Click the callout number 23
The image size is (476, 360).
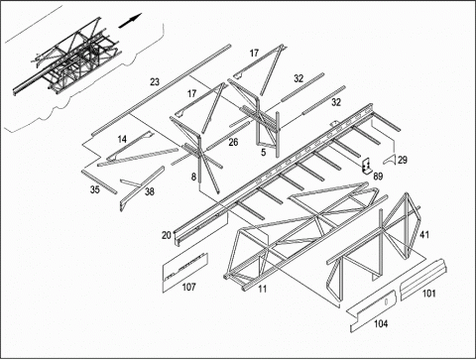pos(155,81)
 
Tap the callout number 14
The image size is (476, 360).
pos(122,139)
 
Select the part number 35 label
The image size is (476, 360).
pos(95,189)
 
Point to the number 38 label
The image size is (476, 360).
pos(150,191)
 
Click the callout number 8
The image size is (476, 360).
pos(193,177)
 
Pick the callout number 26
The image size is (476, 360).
pos(233,142)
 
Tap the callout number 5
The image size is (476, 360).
pos(264,153)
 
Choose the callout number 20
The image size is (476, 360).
pos(167,235)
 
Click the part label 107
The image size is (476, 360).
pos(189,287)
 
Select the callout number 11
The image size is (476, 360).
pos(263,289)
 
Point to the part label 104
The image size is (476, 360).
pos(381,323)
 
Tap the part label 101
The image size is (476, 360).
pos(429,294)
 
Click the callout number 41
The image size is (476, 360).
pos(424,235)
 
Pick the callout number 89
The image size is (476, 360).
pos(378,177)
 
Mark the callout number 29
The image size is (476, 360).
pos(403,160)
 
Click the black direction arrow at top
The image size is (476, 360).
pos(130,21)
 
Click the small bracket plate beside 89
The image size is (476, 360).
pos(366,166)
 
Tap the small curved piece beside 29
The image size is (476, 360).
pos(390,160)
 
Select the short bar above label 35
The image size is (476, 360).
pos(99,181)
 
